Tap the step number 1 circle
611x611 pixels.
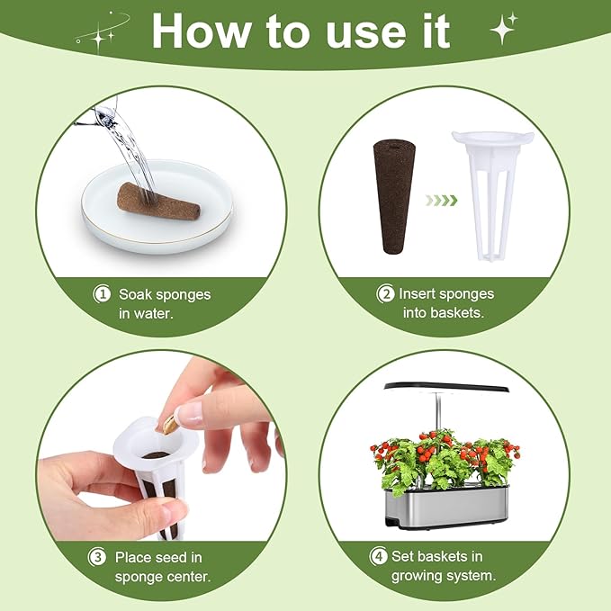tap(103, 293)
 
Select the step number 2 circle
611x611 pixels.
tap(384, 293)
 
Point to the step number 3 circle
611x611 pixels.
tap(97, 557)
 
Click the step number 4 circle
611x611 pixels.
tap(378, 557)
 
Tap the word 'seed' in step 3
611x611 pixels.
tap(171, 557)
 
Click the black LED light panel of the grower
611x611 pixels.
tap(446, 388)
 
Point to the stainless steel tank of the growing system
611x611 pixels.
tap(446, 508)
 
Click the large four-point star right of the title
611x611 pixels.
tap(503, 28)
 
